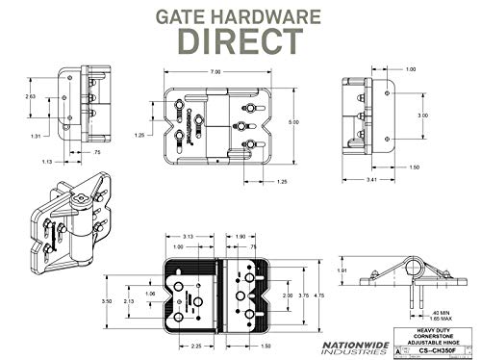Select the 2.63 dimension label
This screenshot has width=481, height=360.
[x=30, y=96]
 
